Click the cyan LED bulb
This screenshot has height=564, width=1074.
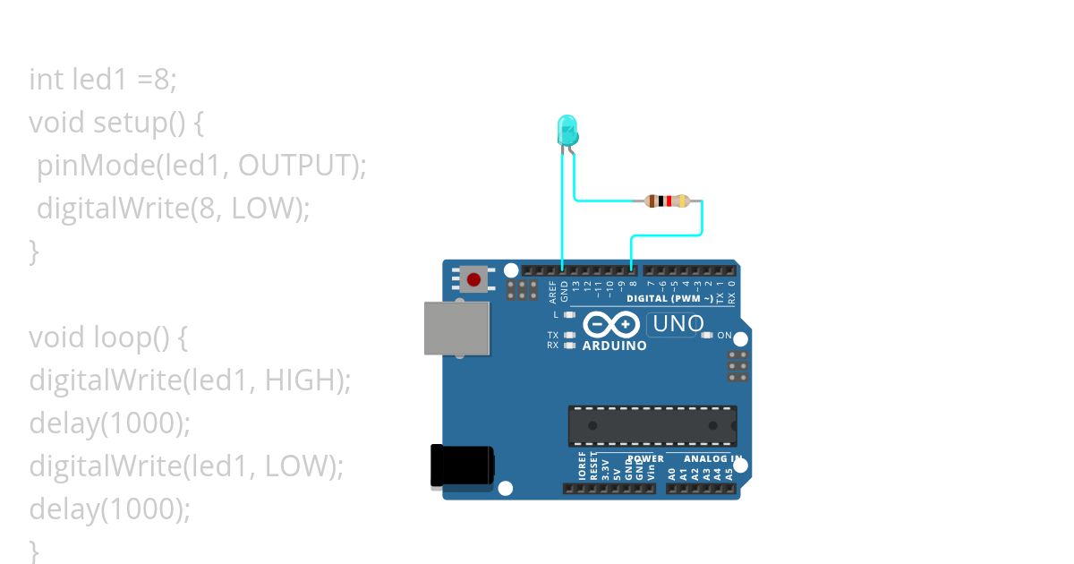pos(567,131)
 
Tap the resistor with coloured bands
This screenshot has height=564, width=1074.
pos(667,201)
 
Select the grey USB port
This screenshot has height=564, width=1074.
pos(457,329)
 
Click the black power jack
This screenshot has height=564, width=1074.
pos(462,466)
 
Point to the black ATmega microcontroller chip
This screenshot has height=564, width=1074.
pos(652,426)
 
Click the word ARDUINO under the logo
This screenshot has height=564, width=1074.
pos(614,346)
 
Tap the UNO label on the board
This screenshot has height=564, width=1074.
pos(678,324)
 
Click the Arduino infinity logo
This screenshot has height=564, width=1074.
pos(610,323)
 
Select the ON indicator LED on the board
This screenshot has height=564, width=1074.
pos(706,335)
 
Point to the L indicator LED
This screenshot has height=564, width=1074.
pos(569,315)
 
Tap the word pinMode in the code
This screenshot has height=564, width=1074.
pos(86,166)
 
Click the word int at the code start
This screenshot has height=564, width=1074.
pos(46,80)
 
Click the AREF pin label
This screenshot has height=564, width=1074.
pos(553,292)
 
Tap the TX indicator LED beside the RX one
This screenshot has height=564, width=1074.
pos(569,335)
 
